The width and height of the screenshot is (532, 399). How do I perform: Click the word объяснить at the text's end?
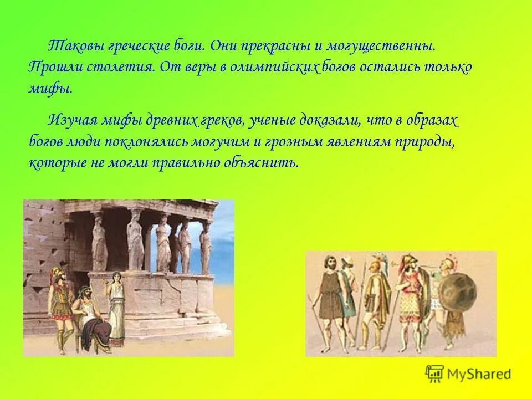269,162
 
